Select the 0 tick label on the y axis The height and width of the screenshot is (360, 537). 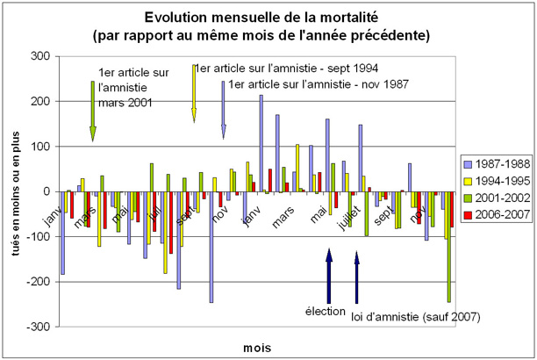(x=47, y=191)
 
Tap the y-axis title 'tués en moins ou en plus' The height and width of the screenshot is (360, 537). (x=15, y=191)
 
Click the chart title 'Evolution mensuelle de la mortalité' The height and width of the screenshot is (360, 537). (x=268, y=18)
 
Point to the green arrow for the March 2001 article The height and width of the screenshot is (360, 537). (x=92, y=110)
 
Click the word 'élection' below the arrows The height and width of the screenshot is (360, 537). (x=326, y=311)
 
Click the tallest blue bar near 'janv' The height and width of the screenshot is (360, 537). (x=261, y=143)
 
